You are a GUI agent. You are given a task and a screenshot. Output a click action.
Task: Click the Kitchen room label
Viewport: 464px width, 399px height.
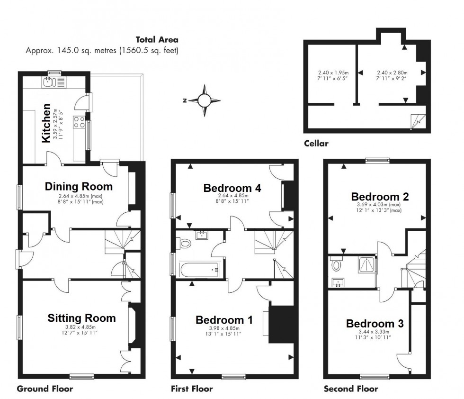click(46, 123)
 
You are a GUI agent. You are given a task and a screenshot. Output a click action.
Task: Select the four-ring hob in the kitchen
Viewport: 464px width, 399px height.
click(79, 122)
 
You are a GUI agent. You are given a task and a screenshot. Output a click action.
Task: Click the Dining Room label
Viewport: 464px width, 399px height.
click(79, 187)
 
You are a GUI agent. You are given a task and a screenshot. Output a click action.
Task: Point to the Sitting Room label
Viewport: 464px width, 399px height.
click(81, 318)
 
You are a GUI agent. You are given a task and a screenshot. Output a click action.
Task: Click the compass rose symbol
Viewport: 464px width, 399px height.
click(204, 100)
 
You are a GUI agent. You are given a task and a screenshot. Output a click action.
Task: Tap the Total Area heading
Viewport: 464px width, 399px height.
click(157, 40)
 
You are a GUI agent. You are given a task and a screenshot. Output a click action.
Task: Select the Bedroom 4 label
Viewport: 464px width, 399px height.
click(232, 188)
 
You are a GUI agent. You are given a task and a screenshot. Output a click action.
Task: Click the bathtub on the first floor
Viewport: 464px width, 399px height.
click(199, 270)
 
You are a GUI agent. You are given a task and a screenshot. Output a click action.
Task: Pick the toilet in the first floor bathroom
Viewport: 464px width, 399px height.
click(184, 244)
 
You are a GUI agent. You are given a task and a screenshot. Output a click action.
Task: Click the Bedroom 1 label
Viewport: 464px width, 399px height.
click(224, 320)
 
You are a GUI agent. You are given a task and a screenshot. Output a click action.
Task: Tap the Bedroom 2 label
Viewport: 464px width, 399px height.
click(380, 197)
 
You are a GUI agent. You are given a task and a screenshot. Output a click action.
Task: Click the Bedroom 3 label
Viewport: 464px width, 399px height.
click(375, 324)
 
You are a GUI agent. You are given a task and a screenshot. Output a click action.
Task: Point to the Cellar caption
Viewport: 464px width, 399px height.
click(316, 144)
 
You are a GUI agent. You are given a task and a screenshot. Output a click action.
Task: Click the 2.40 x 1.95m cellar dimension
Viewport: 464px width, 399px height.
click(333, 73)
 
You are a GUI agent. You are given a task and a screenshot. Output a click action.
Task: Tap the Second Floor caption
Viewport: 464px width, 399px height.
click(351, 389)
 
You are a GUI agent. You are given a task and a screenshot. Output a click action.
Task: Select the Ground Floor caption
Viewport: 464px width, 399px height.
click(45, 389)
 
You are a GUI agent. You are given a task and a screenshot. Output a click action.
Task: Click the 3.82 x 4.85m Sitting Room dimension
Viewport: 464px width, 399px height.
click(80, 327)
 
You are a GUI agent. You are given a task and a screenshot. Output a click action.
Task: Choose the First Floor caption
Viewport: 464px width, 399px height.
click(192, 389)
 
